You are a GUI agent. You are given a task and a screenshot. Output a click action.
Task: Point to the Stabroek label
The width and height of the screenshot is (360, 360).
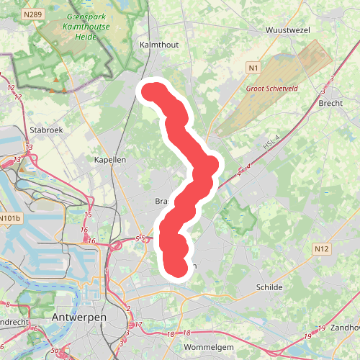48,130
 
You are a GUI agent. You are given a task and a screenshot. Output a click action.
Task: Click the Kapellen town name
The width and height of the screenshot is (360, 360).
110,159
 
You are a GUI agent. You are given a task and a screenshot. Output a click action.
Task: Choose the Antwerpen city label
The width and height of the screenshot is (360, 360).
79,317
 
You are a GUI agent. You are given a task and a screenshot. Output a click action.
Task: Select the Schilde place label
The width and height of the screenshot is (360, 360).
269,287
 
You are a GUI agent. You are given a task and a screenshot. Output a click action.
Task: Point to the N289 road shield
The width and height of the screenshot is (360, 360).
32,14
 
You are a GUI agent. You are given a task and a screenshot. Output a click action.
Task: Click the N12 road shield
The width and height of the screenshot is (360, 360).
321,248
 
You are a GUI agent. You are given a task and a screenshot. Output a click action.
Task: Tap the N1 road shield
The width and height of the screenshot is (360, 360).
251,68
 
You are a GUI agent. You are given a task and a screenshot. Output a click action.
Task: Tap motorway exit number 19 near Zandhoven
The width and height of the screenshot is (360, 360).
307,336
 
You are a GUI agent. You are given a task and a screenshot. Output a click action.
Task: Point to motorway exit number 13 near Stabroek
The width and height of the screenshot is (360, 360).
17,159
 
